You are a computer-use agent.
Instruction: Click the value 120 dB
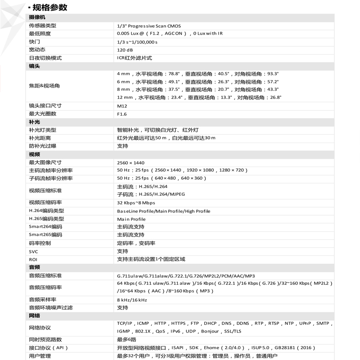(125, 49)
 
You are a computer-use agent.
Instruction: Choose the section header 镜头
(35, 66)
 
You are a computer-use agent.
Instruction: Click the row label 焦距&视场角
(45, 85)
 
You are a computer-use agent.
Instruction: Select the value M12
(122, 105)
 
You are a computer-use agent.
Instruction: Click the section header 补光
(35, 122)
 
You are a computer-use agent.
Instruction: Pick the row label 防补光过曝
(43, 146)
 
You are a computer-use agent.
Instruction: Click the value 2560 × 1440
(130, 162)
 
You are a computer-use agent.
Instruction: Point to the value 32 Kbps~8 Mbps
(135, 202)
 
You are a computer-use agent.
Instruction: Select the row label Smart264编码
(45, 227)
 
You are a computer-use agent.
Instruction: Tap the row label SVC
(34, 251)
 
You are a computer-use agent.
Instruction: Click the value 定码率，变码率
(136, 243)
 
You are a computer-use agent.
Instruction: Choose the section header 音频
(35, 267)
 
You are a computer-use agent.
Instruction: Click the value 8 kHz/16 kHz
(132, 299)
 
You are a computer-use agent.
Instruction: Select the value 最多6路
(126, 339)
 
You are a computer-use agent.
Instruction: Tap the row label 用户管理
(40, 356)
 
